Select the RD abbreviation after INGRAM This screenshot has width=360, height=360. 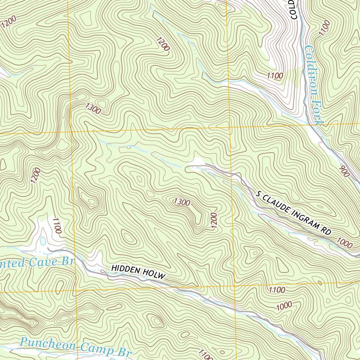pos(327,231)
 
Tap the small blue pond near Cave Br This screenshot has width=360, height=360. pos(43,241)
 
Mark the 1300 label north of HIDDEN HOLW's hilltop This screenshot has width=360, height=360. pos(182,202)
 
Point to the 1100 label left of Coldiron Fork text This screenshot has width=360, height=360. pos(275,75)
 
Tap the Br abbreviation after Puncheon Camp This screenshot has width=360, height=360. pos(121,352)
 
